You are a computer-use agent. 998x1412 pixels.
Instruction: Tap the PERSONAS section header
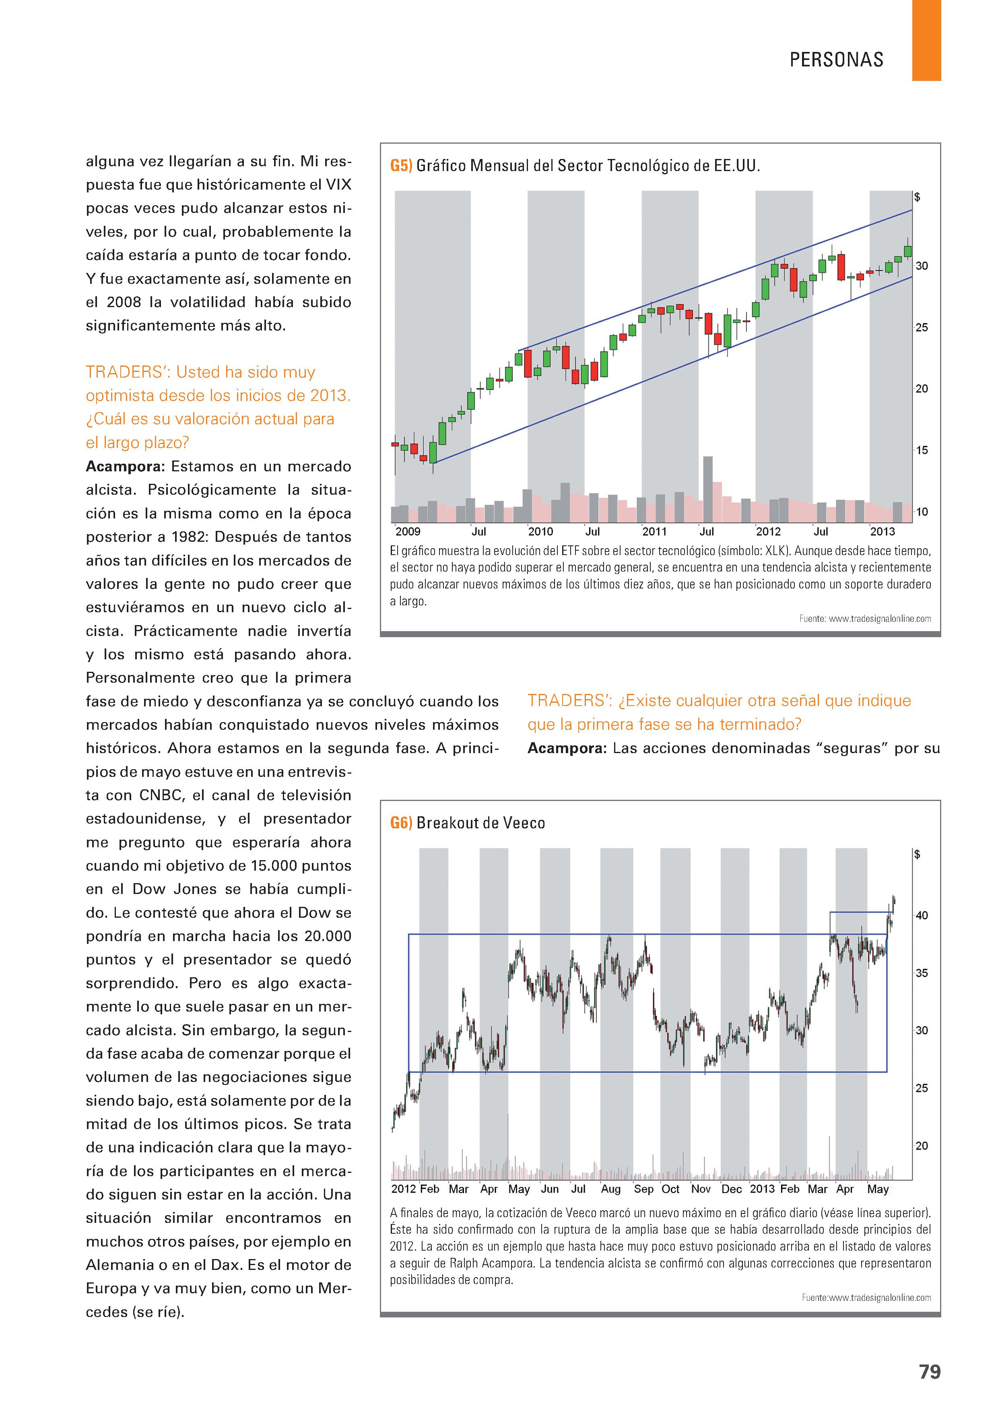(x=836, y=60)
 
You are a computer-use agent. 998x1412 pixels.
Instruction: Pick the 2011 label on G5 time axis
(x=654, y=531)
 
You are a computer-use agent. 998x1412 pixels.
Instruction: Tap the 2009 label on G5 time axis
(x=407, y=531)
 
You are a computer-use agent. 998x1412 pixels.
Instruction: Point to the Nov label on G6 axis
(x=701, y=1189)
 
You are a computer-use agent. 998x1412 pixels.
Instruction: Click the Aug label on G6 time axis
(x=610, y=1189)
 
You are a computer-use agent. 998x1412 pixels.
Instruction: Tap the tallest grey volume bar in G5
(x=708, y=489)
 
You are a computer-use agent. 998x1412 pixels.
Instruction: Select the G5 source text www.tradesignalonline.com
(x=879, y=619)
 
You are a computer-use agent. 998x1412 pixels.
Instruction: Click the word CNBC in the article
(x=161, y=795)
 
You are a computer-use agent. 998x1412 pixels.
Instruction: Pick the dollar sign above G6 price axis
(x=918, y=854)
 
